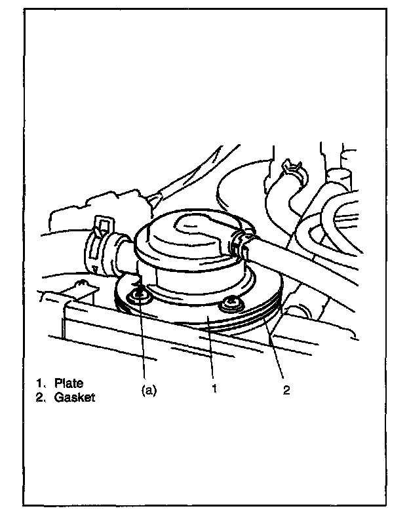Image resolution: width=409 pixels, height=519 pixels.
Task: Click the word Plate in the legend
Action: point(69,383)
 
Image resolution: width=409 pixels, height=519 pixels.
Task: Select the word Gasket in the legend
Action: point(75,396)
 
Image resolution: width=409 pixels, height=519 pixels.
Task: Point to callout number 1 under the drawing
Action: point(214,389)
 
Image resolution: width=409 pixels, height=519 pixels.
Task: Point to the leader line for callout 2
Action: point(276,356)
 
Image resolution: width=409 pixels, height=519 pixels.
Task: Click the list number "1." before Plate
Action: point(40,383)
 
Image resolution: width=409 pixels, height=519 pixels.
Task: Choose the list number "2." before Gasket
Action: point(40,396)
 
